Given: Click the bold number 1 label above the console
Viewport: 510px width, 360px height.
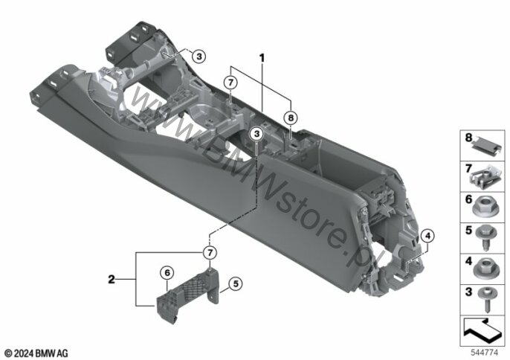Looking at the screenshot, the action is [x=262, y=58].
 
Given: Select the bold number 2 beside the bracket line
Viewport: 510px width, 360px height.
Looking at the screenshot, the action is [x=112, y=279].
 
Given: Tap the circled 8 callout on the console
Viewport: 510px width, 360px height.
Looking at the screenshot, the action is [x=291, y=118].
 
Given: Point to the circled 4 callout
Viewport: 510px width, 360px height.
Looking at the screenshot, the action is [x=427, y=236].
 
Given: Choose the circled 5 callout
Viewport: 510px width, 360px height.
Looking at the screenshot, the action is [x=236, y=283].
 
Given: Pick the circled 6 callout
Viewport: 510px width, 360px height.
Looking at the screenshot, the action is [x=167, y=272].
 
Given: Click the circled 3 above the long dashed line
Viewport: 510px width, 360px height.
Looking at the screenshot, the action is [x=257, y=133].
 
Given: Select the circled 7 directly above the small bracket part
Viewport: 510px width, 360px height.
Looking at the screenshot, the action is [x=210, y=252].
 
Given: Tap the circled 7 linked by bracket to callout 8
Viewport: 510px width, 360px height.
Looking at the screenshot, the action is [x=230, y=83].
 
